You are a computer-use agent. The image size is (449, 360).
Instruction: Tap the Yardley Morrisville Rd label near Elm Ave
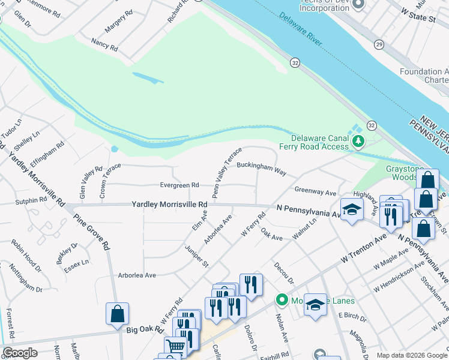(x=169, y=205)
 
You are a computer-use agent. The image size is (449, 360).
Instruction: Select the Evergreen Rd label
(x=179, y=185)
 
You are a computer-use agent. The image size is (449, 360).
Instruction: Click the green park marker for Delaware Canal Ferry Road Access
(x=358, y=142)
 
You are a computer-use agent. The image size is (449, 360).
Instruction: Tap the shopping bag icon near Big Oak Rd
(x=117, y=313)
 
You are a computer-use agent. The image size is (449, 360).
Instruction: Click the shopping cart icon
(x=175, y=346)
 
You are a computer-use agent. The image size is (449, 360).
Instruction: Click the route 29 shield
(x=379, y=45)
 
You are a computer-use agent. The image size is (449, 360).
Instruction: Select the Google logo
(x=20, y=353)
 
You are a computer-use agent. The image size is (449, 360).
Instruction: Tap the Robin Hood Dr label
(x=27, y=253)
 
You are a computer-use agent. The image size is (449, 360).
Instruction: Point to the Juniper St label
(x=196, y=255)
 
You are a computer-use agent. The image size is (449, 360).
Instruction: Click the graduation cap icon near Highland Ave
(x=352, y=209)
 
